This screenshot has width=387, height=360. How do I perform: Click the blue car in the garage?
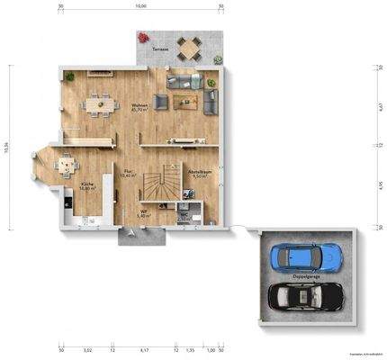pos(306,256)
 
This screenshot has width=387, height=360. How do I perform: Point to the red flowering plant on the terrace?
pos(143,37)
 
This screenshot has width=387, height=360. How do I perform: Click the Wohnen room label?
pos(139,105)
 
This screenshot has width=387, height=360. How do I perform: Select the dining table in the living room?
pos(100,105)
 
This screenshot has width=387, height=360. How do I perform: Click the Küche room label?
pos(87,186)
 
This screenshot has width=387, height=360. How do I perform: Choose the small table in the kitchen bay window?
pos(66,165)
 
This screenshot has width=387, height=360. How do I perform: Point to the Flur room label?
pos(127,173)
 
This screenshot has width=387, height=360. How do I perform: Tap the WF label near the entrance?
pos(142,214)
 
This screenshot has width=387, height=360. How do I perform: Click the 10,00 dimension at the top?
pos(140,6)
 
